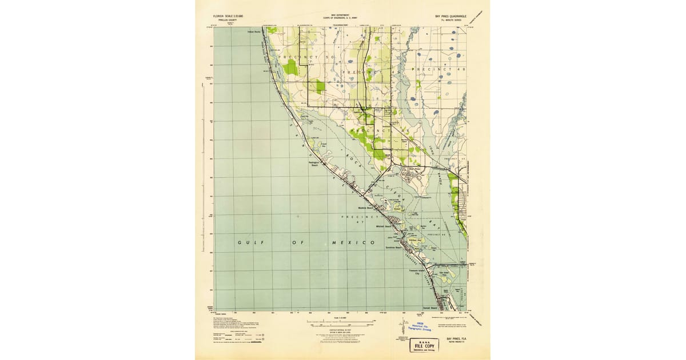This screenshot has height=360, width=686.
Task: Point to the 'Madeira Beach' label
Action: click(366, 208)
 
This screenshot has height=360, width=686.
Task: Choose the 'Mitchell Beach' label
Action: click(382, 227)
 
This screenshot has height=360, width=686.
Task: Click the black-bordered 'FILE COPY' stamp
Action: click(423, 346)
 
